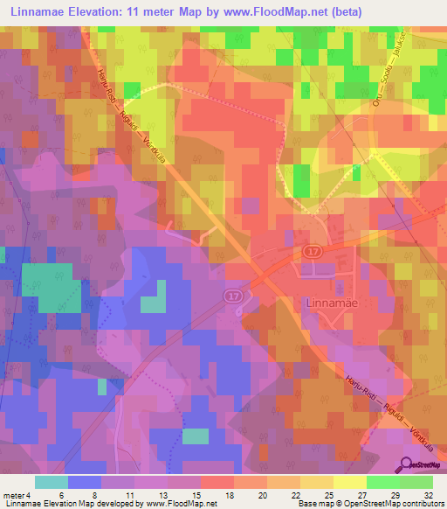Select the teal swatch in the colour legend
click(52, 482)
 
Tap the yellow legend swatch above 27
click(349, 482)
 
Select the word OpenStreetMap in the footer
click(351, 504)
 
